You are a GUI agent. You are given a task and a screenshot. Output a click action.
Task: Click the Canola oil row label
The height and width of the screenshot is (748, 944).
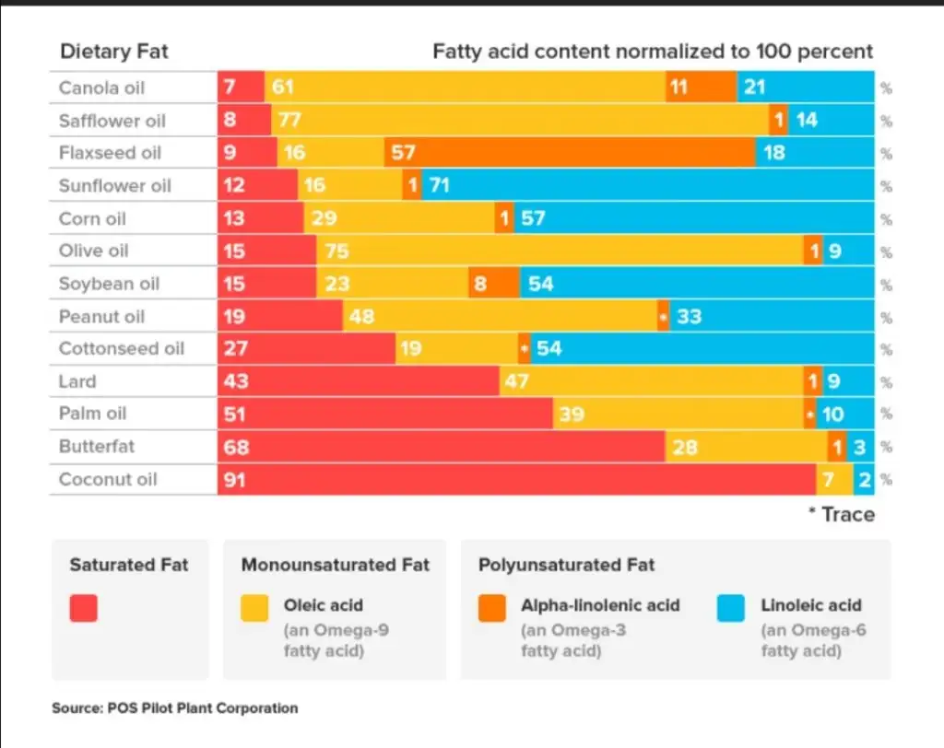pos(101,88)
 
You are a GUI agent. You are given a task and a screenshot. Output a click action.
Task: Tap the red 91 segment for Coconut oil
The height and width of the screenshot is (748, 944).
pos(516,479)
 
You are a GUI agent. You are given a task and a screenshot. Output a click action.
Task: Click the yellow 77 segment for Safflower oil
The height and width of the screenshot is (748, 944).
pos(520,121)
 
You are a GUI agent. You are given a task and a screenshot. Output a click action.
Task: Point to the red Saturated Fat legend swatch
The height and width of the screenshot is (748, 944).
pos(84,608)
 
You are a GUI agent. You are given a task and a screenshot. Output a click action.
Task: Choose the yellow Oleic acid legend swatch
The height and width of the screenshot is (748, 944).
pos(254,608)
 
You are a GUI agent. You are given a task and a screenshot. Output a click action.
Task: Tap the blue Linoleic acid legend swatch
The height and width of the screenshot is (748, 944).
pos(732,608)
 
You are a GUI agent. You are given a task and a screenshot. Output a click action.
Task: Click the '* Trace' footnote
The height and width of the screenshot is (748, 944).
pos(841,514)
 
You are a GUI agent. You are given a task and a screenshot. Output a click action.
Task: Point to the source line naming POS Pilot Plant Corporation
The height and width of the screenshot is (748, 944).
pos(175,708)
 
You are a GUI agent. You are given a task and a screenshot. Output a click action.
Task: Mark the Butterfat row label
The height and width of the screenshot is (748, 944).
pos(96,447)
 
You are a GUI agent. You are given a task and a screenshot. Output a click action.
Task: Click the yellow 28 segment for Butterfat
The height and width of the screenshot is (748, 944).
pos(746,447)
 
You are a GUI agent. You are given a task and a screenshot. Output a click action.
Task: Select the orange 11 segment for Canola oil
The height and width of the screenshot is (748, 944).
pos(701,88)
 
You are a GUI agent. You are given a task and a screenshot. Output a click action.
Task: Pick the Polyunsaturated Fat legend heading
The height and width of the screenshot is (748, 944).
pos(566,565)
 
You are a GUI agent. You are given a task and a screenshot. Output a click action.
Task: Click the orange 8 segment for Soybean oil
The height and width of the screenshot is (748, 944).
pos(493,284)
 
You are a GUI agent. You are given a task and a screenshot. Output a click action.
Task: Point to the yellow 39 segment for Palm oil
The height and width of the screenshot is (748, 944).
pos(677,415)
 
